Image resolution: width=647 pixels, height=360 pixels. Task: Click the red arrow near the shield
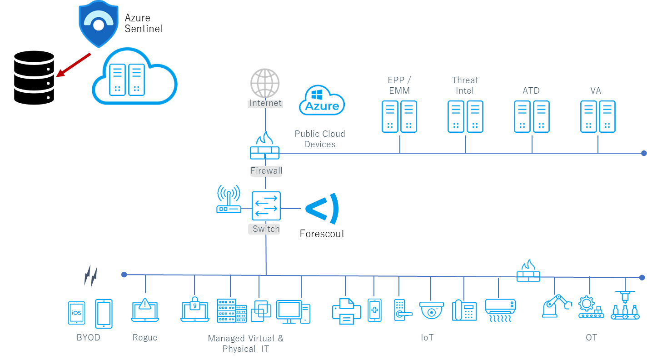click(73, 65)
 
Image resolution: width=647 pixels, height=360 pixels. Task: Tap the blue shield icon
click(99, 23)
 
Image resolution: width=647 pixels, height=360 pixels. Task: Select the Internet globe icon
click(265, 83)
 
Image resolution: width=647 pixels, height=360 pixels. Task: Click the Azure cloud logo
click(322, 101)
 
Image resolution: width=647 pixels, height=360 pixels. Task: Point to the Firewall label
click(266, 171)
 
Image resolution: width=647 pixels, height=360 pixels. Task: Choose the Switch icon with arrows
click(266, 206)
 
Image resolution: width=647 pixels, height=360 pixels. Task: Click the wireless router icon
click(228, 200)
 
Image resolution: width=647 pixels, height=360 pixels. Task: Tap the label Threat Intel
click(465, 85)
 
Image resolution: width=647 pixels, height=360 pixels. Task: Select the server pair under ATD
click(532, 117)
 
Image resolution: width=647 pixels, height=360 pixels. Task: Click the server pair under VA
click(597, 117)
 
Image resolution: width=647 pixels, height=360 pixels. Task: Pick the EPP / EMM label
click(399, 85)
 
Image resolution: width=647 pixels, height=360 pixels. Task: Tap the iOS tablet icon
click(76, 313)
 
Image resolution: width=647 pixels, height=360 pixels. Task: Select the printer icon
click(346, 311)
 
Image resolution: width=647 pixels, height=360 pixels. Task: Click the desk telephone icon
click(464, 310)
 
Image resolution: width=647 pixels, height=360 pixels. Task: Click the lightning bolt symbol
click(91, 276)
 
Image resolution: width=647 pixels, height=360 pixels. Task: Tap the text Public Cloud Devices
click(319, 139)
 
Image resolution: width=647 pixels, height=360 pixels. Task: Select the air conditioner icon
click(500, 310)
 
